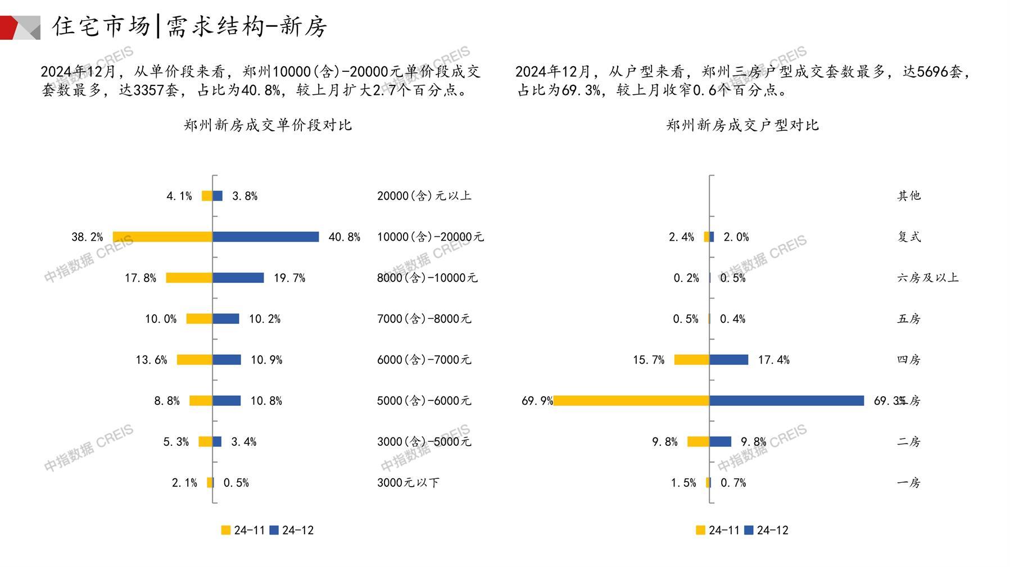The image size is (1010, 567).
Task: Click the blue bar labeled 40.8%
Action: (265, 237)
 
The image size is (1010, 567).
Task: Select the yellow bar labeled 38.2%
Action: (162, 237)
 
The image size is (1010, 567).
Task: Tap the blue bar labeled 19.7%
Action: (238, 278)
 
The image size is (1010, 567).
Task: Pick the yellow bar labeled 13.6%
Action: (194, 360)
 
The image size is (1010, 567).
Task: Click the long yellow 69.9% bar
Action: (631, 401)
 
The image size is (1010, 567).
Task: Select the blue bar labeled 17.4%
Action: (728, 360)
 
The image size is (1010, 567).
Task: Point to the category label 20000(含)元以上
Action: (424, 196)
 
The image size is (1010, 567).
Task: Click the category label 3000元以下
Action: (408, 483)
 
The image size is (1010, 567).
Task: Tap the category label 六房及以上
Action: (927, 278)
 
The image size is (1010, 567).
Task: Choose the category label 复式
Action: (909, 237)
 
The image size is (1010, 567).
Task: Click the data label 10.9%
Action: (266, 360)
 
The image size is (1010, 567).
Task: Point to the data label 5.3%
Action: (176, 442)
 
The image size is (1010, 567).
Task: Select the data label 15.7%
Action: (649, 360)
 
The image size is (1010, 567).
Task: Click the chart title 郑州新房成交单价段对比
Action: (268, 125)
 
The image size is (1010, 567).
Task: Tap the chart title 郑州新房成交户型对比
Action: (742, 125)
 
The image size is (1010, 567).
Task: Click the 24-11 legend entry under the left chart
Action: (243, 530)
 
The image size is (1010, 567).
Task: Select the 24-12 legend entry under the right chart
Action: (767, 530)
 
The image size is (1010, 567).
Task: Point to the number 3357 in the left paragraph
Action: (149, 90)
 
